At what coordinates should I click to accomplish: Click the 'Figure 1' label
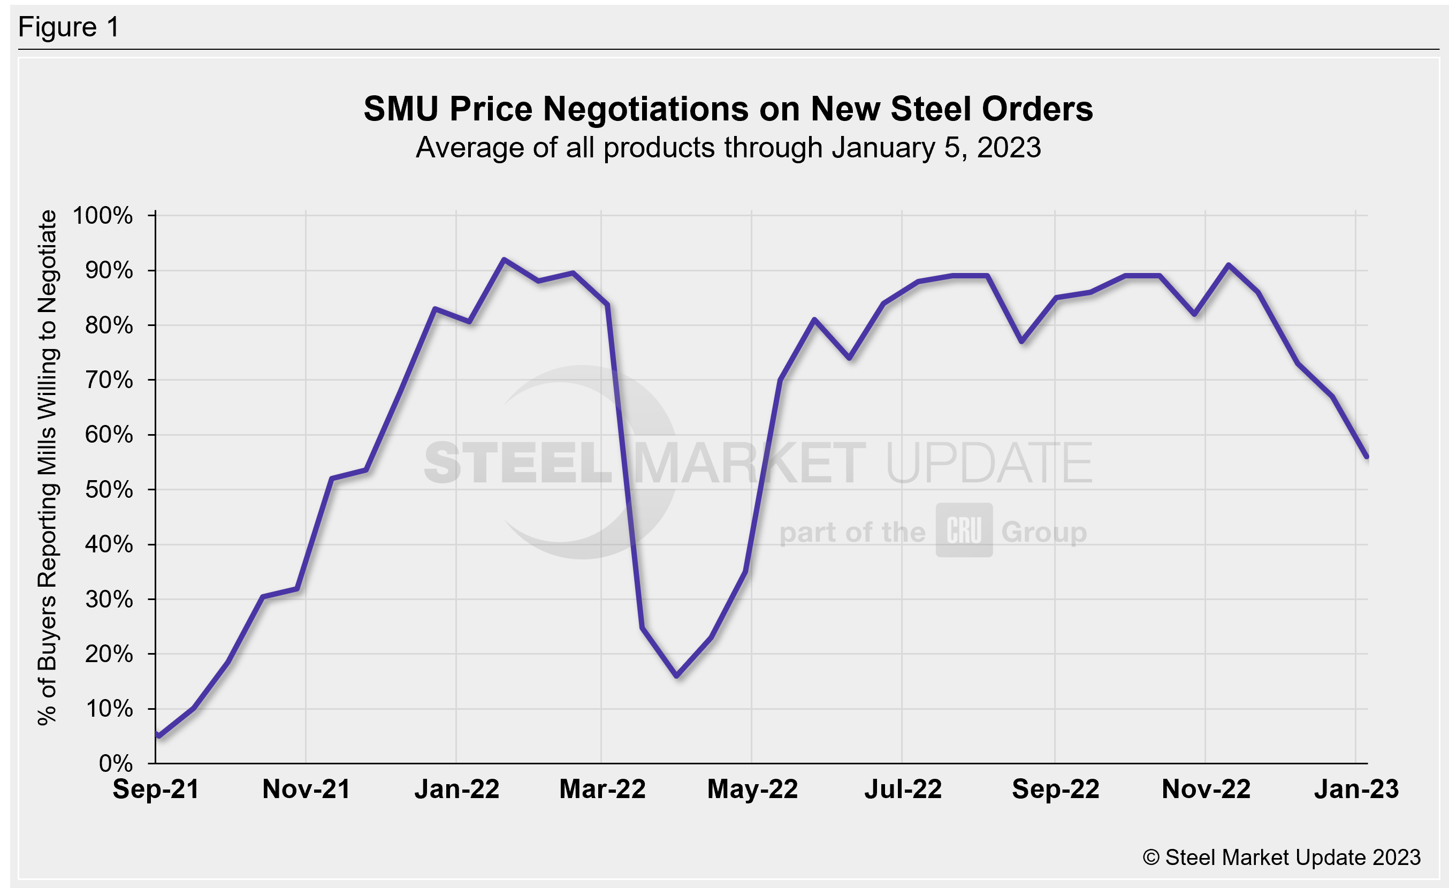tap(69, 27)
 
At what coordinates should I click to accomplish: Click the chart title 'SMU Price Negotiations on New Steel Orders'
tap(728, 109)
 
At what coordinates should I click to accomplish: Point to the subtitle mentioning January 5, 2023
tap(728, 148)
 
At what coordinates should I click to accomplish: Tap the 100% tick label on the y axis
tap(103, 216)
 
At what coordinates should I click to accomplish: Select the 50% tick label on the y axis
tap(109, 490)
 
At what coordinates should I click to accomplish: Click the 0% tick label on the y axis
tap(116, 763)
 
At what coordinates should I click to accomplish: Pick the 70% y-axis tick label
tap(109, 381)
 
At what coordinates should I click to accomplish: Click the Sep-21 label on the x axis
tap(156, 789)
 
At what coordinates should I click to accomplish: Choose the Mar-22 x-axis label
tap(602, 789)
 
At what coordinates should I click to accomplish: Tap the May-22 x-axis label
tap(752, 789)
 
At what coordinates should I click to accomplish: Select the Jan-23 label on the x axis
tap(1356, 789)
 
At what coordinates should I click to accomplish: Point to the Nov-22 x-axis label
tap(1206, 789)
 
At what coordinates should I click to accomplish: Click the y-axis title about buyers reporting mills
tap(47, 467)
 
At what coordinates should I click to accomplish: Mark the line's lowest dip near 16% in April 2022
tap(677, 676)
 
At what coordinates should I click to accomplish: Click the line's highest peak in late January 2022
tap(504, 260)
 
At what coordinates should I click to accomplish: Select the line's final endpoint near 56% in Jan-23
tap(1367, 457)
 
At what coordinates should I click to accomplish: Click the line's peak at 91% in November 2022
tap(1229, 265)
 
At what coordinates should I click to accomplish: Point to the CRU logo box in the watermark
tap(964, 530)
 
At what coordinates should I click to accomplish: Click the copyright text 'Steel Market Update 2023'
tap(1282, 857)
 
